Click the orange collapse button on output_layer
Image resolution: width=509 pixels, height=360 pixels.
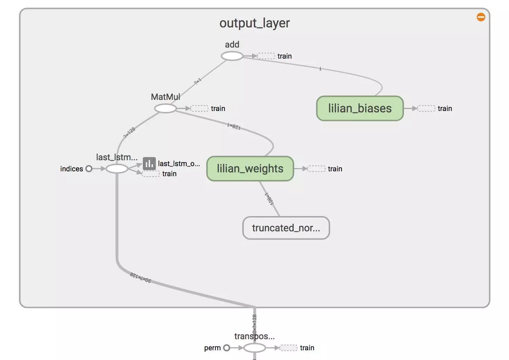pyautogui.click(x=481, y=17)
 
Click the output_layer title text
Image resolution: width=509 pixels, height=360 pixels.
pyautogui.click(x=254, y=23)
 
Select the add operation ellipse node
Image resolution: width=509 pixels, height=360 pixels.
pyautogui.click(x=232, y=56)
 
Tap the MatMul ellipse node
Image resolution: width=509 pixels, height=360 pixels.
pyautogui.click(x=165, y=109)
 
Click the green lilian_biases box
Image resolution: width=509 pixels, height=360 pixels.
pyautogui.click(x=360, y=109)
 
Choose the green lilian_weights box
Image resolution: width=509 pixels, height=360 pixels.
pyautogui.click(x=250, y=169)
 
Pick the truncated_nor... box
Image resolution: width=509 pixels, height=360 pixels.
pyautogui.click(x=286, y=228)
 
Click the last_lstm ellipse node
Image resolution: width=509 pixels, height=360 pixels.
pyautogui.click(x=117, y=169)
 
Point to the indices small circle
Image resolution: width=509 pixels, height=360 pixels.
pyautogui.click(x=89, y=169)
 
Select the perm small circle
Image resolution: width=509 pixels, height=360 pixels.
pyautogui.click(x=226, y=348)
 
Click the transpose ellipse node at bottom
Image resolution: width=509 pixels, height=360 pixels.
pyautogui.click(x=254, y=348)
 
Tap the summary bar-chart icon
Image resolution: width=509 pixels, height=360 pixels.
pyautogui.click(x=149, y=163)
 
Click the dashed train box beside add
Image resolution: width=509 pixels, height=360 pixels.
pyautogui.click(x=266, y=56)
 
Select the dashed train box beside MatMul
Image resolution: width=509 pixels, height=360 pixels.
pyautogui.click(x=199, y=109)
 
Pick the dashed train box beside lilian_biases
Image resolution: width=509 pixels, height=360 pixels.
pyautogui.click(x=426, y=109)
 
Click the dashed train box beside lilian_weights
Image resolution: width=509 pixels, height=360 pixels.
pyautogui.click(x=317, y=169)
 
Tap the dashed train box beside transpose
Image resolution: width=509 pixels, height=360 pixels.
pyautogui.click(x=288, y=348)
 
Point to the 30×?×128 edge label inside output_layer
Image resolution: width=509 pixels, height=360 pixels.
pyautogui.click(x=141, y=277)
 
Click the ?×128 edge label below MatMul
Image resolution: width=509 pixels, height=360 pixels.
pyautogui.click(x=129, y=132)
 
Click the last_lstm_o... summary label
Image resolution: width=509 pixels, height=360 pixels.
pyautogui.click(x=179, y=164)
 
